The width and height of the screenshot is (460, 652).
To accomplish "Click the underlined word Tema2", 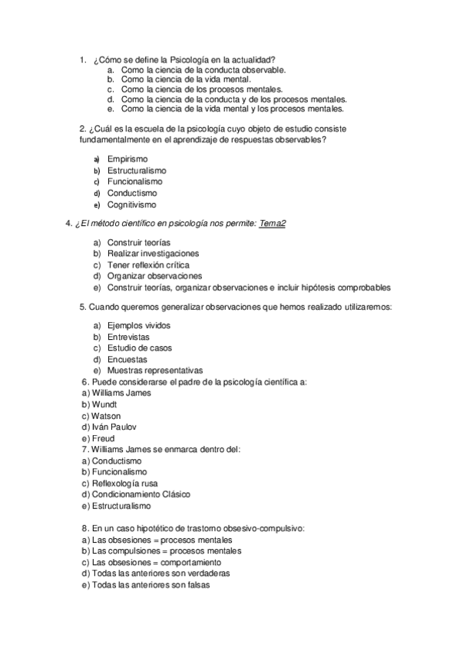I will [273, 224].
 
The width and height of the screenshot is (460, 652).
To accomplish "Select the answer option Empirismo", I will [127, 159].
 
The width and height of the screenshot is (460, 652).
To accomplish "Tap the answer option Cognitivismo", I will [132, 205].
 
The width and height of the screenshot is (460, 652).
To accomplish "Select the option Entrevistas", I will [128, 337].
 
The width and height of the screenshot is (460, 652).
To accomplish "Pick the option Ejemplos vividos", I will [138, 325].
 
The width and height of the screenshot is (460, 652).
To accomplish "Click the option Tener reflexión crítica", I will [148, 264].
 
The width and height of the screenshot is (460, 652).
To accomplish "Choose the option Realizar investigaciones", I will [153, 253].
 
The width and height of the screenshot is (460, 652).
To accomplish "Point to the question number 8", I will [84, 528].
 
